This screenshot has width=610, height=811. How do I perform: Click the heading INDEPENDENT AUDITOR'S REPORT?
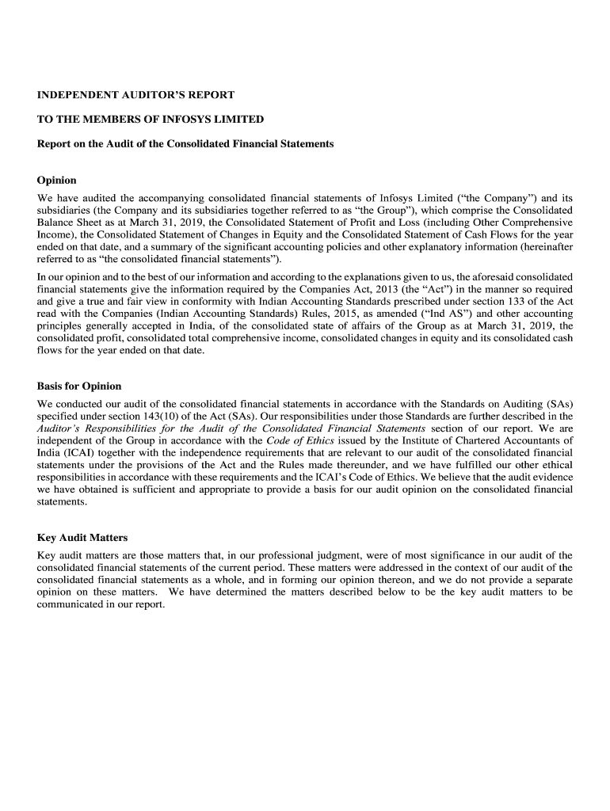tap(135, 95)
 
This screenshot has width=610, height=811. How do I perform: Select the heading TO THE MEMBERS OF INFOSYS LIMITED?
tap(151, 120)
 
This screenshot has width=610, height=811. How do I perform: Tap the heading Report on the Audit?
tap(185, 144)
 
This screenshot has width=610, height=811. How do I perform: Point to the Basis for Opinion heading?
tap(79, 386)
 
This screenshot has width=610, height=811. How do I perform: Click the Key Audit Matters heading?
tap(82, 538)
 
